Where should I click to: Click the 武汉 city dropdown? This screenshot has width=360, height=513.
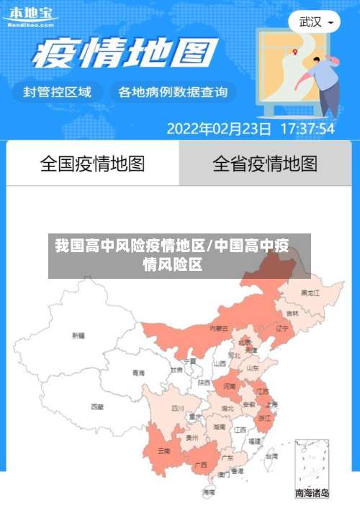315,22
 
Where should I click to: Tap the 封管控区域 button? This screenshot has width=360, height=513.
57,92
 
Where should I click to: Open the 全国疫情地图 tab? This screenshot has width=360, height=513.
92,164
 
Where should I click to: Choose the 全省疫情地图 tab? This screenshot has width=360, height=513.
264,164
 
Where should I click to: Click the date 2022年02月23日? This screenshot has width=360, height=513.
219,129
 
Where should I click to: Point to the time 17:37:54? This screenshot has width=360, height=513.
307,129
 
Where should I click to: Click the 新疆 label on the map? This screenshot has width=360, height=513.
78,335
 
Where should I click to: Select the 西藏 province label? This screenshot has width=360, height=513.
97,406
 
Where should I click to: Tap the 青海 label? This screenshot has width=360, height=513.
138,373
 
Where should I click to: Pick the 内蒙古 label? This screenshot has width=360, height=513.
219,328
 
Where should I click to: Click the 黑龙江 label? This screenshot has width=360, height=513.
310,293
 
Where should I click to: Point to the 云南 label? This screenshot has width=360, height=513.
163,451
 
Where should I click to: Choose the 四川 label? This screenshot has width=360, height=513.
178,408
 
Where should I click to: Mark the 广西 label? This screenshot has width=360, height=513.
201,465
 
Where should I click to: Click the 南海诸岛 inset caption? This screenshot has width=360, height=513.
312,494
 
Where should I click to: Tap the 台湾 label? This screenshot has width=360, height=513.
271,456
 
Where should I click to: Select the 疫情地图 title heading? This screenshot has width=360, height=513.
125,53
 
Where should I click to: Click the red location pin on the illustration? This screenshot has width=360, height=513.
294,51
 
